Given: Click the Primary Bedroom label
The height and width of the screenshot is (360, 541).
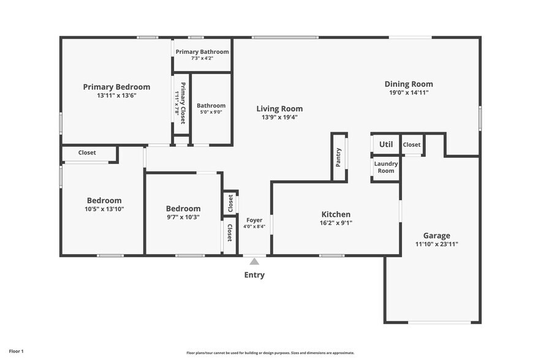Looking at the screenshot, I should (116, 87).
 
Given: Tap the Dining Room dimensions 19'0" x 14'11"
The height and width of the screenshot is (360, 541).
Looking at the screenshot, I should (409, 93).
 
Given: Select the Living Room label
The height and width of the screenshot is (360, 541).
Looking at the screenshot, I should (279, 109).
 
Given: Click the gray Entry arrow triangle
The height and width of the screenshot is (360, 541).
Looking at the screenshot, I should (254, 261).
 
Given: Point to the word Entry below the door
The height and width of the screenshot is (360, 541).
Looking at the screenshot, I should (254, 275).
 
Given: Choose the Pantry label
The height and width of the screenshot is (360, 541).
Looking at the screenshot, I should (338, 157).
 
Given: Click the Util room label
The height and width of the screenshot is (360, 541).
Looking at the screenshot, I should (386, 144).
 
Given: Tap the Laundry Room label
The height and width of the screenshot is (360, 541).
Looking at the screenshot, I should (386, 167).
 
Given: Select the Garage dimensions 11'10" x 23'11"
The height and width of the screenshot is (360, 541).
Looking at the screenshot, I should (436, 244).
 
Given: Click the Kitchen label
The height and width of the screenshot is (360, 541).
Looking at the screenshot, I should (336, 214).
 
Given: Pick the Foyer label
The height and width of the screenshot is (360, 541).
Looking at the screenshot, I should (254, 220).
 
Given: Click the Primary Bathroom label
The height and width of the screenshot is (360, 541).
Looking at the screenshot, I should (202, 52).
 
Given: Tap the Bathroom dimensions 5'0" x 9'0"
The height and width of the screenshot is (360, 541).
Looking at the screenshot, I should (211, 112).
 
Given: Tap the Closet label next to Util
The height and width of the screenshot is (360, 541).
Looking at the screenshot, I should (412, 144).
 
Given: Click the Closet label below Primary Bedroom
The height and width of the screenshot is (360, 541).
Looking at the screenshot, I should (87, 152).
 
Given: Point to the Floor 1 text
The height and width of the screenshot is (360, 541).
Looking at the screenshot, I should (17, 351).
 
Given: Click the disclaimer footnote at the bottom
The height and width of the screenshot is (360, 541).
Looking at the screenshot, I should (270, 353).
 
